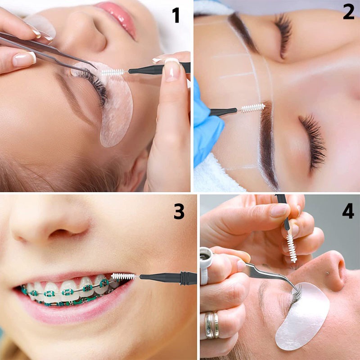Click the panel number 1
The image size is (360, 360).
[175, 15]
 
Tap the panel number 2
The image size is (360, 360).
[348, 12]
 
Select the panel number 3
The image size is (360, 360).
[179, 211]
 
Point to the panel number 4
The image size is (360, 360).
[348, 211]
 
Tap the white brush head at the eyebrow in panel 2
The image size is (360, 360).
[253, 108]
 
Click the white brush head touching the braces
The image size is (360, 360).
[123, 276]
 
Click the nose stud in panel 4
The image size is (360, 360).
[328, 273]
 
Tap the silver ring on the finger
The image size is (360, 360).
[211, 325]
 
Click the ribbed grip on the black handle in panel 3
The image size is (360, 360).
[185, 278]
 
